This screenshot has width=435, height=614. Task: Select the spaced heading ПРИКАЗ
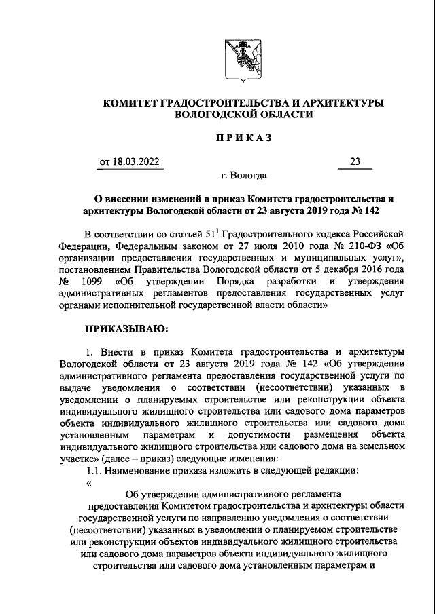point(243,138)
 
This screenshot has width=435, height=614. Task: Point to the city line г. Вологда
point(243,175)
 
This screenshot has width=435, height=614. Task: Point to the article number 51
point(203,233)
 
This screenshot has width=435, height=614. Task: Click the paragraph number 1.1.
point(94,471)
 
